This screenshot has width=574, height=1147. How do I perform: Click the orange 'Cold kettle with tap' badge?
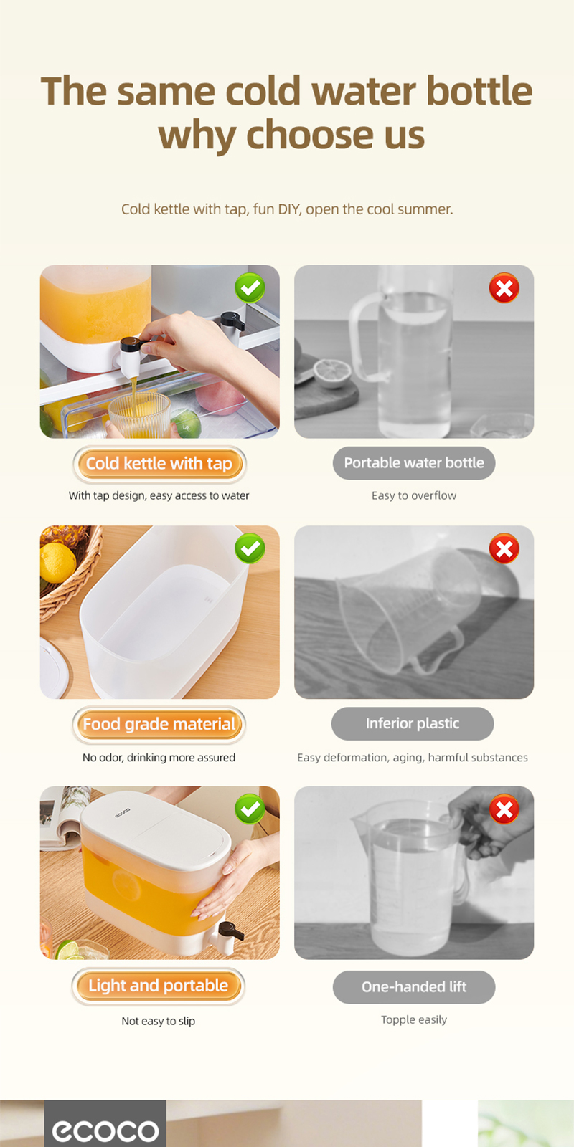click(159, 464)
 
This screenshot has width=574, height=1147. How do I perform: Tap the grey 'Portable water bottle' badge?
click(414, 463)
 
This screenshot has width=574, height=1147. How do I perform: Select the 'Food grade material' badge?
click(159, 724)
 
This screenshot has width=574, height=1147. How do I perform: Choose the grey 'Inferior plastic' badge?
click(413, 723)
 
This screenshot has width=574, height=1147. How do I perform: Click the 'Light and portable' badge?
click(159, 986)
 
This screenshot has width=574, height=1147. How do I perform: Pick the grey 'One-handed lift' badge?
click(414, 987)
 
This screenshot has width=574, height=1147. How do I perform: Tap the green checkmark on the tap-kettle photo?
click(250, 288)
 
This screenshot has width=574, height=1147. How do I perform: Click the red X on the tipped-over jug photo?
click(504, 549)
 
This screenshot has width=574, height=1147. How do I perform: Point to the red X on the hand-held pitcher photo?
click(504, 809)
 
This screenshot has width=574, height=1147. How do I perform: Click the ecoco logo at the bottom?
click(105, 1131)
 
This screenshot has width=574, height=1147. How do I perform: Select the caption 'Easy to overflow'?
click(414, 495)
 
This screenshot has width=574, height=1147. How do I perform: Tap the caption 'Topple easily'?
click(414, 1019)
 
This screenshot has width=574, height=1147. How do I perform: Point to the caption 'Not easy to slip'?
click(159, 1021)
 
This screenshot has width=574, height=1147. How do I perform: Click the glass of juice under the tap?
click(139, 416)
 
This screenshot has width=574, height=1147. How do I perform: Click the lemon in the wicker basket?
click(57, 563)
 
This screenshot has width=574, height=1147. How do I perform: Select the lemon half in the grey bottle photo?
click(332, 373)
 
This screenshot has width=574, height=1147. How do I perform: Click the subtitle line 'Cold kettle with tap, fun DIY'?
click(287, 209)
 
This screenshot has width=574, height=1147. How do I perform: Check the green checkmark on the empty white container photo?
click(250, 549)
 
